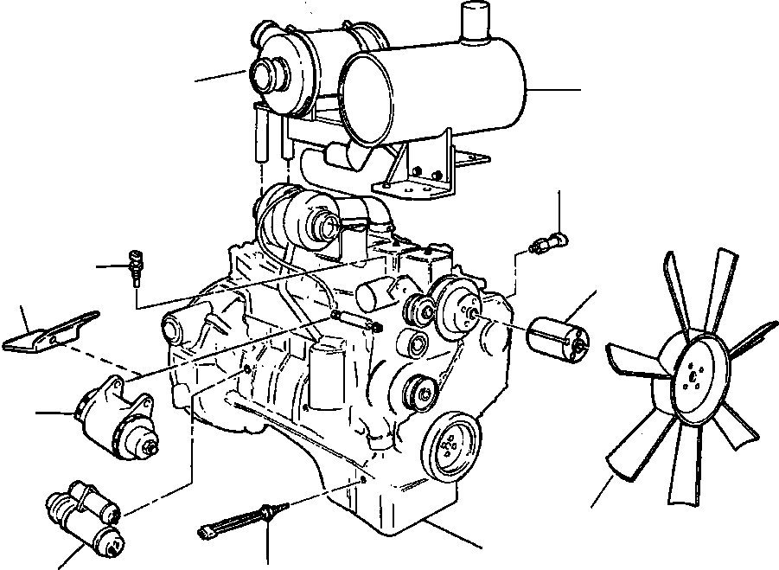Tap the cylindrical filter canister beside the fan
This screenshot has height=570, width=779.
[x=557, y=337]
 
